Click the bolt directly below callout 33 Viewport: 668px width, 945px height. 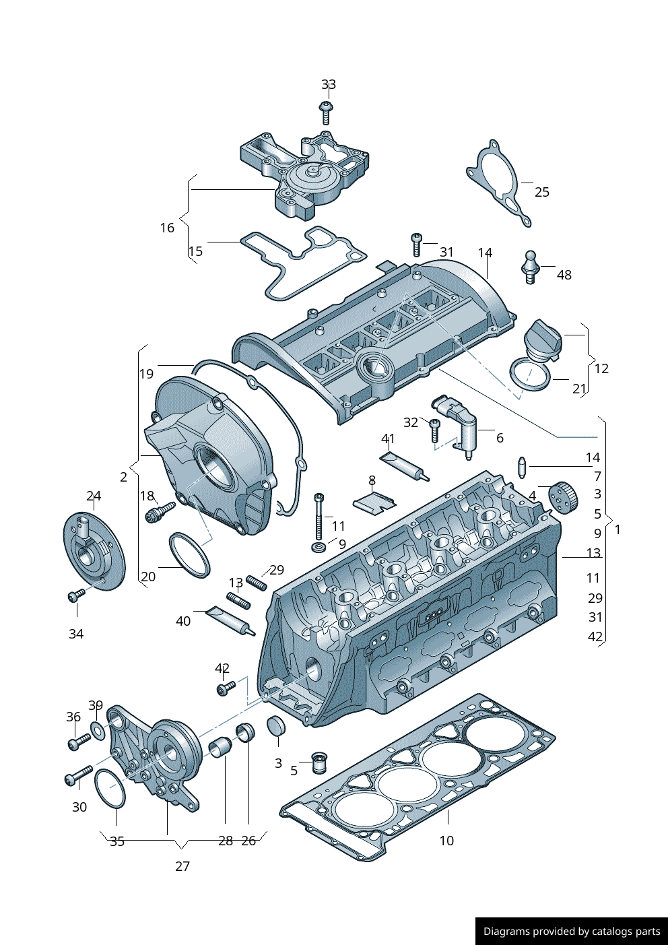(x=326, y=112)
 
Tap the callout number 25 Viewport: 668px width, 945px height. (x=541, y=193)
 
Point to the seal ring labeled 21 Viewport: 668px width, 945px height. (x=529, y=374)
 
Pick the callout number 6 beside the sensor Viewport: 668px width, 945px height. (x=500, y=438)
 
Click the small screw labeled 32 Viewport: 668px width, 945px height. (x=434, y=430)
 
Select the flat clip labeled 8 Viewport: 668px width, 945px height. (x=374, y=501)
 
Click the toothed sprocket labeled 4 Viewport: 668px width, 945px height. (x=564, y=497)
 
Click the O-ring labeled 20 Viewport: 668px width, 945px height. (x=189, y=554)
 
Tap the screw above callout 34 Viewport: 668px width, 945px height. (x=77, y=595)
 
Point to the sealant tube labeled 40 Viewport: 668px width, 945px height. (x=230, y=620)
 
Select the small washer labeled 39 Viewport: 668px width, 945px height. (x=98, y=729)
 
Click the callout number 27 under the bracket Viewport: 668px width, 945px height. (x=182, y=866)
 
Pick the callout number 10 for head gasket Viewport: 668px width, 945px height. (x=446, y=841)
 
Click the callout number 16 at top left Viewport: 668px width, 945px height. (x=167, y=228)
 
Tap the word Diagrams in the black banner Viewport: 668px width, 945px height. (x=506, y=932)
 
